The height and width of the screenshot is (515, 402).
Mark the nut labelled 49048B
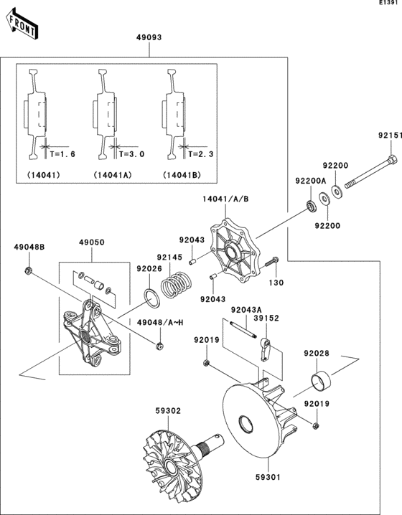pos(29,270)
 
